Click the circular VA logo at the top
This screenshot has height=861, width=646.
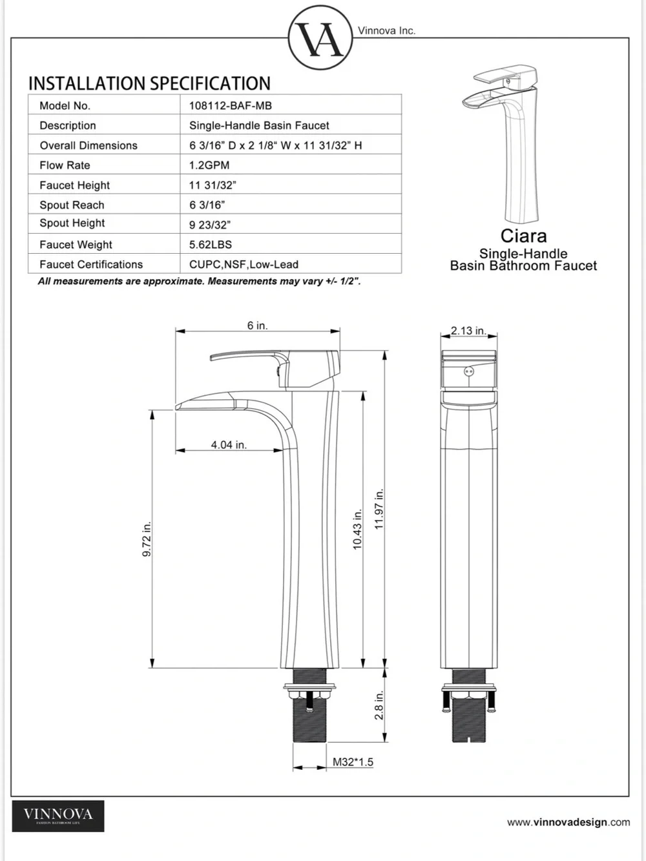[320, 38]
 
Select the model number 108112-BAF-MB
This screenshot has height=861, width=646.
[230, 105]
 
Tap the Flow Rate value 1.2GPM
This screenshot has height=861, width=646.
[209, 165]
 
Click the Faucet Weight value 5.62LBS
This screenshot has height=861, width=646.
[210, 244]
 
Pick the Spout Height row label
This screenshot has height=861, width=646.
[72, 223]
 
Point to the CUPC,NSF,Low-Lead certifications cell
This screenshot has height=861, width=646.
[244, 264]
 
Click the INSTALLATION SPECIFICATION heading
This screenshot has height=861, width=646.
[149, 83]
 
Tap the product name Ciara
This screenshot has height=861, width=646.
[523, 236]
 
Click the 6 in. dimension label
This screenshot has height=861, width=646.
[257, 326]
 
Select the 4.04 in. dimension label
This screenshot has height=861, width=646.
[229, 445]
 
